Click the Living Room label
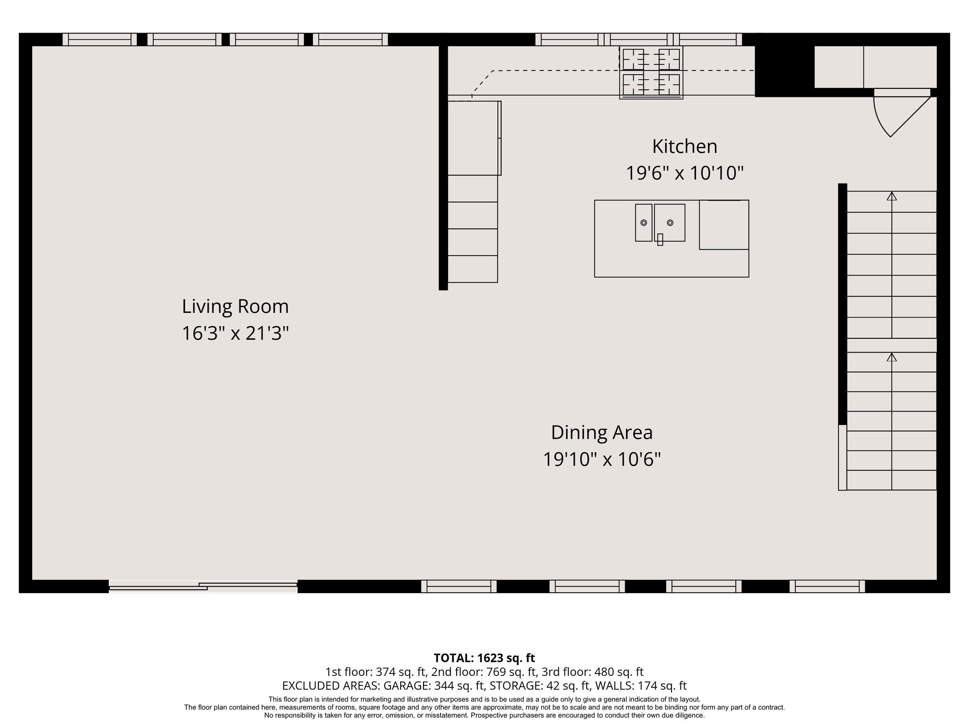(x=235, y=307)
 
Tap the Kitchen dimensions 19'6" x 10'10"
(x=684, y=173)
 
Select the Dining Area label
(x=601, y=432)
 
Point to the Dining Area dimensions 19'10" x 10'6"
(x=601, y=459)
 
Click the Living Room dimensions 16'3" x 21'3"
(x=235, y=334)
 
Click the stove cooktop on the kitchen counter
(x=651, y=73)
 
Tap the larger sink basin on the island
(x=670, y=222)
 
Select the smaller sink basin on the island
(x=643, y=222)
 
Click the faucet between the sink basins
(x=660, y=240)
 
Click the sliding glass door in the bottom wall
(x=203, y=587)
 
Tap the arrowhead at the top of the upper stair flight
(x=891, y=196)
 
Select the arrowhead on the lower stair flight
(x=891, y=357)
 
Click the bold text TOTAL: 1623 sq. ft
(x=484, y=658)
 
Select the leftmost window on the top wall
(x=99, y=39)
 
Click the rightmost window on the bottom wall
(x=827, y=586)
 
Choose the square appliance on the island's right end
(x=724, y=225)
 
